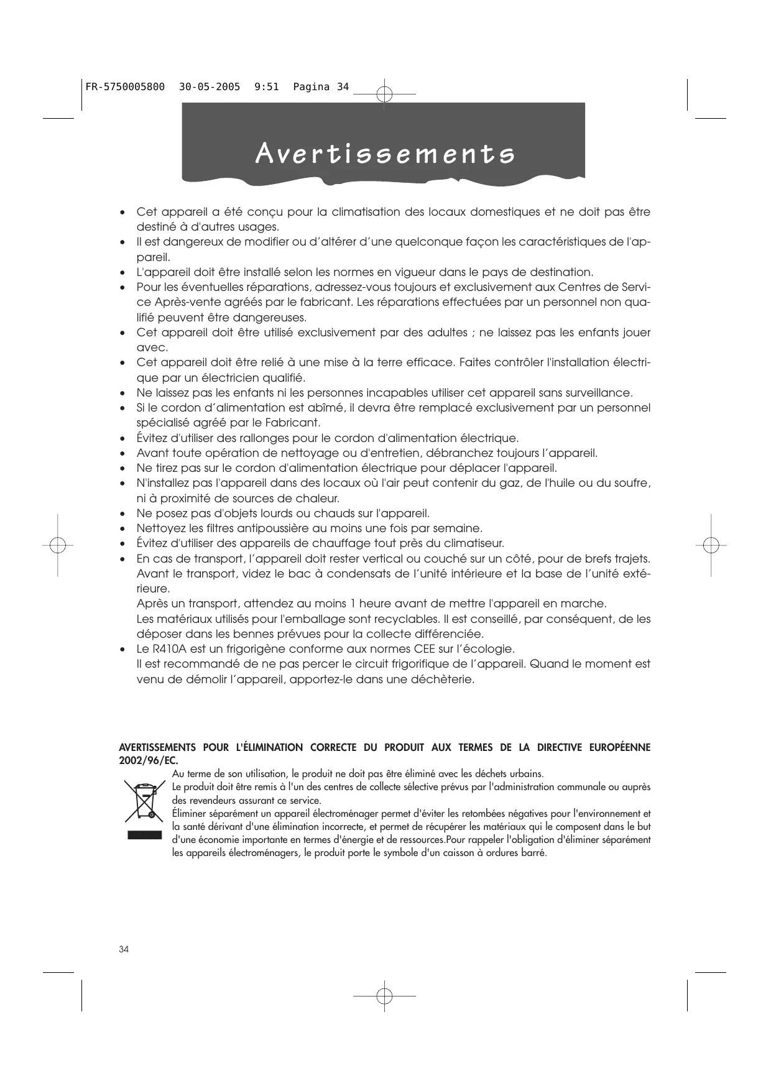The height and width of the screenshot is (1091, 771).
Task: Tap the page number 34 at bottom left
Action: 124,949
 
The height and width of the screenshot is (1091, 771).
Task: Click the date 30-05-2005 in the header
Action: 210,87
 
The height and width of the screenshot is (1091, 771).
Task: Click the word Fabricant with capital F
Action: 293,423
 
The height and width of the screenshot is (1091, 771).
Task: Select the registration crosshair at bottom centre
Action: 384,995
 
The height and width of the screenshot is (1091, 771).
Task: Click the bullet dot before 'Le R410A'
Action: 123,650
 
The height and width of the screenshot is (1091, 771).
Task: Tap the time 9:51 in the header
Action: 267,87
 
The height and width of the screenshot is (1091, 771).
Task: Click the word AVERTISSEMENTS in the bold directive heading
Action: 158,747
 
